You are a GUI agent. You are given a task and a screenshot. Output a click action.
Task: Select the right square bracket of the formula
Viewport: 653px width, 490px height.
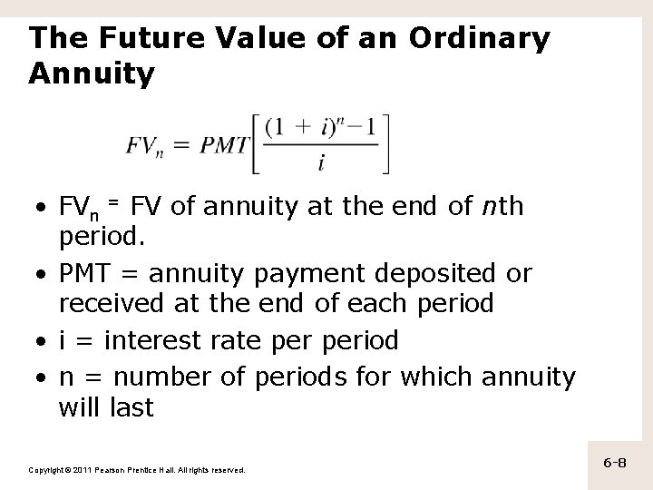pyautogui.click(x=385, y=143)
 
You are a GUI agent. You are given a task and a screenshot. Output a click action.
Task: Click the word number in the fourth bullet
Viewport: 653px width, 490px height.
pyautogui.click(x=170, y=376)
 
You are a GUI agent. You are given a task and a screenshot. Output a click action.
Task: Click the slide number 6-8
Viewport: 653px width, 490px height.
pyautogui.click(x=615, y=463)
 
